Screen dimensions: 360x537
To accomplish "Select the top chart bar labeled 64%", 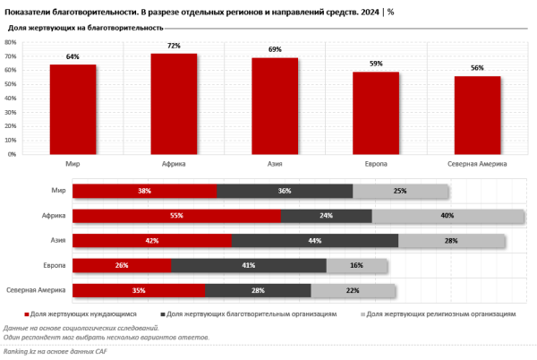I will pos(72,109).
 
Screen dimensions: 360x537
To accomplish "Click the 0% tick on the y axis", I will pos(11,154).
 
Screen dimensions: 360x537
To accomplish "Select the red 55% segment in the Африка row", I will pos(176,216).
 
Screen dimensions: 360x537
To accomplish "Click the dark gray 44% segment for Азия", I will pos(315,241).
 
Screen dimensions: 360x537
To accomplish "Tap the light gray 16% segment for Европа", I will pos(357,265).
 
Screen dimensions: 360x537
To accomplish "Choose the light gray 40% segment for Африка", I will pos(447,216).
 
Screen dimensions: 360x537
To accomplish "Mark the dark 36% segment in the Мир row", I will pos(285,191).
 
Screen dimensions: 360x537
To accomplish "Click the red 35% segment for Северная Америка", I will pos(139,290).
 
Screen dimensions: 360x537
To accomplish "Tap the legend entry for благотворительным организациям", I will pos(251,314).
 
